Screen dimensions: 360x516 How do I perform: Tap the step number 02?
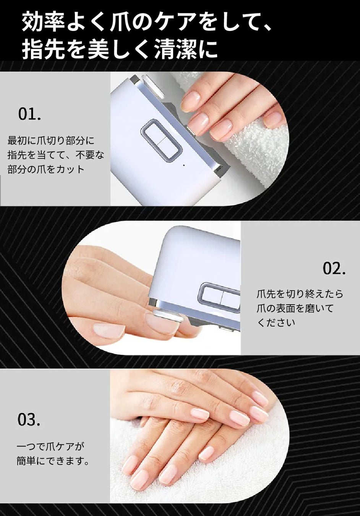pos(334,269)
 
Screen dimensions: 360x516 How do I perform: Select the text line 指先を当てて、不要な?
pos(56,155)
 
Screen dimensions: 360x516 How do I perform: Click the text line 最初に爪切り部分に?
pos(51,141)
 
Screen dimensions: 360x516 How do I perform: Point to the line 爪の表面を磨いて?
pos(295,308)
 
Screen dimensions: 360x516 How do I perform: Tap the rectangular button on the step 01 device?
pos(160,140)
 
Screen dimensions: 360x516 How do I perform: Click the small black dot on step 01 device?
pos(183,165)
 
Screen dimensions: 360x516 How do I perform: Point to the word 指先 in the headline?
pos(43,49)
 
